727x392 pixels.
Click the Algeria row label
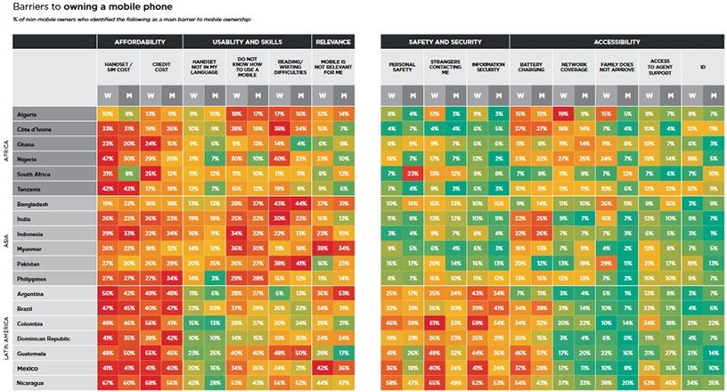click(x=27, y=114)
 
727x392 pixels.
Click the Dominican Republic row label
click(x=43, y=340)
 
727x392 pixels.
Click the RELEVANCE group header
click(x=332, y=42)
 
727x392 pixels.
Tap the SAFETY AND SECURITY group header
click(x=444, y=42)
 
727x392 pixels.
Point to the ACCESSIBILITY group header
click(x=617, y=42)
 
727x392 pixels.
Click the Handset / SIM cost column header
click(x=118, y=67)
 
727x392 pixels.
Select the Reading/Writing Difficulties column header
click(x=290, y=67)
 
